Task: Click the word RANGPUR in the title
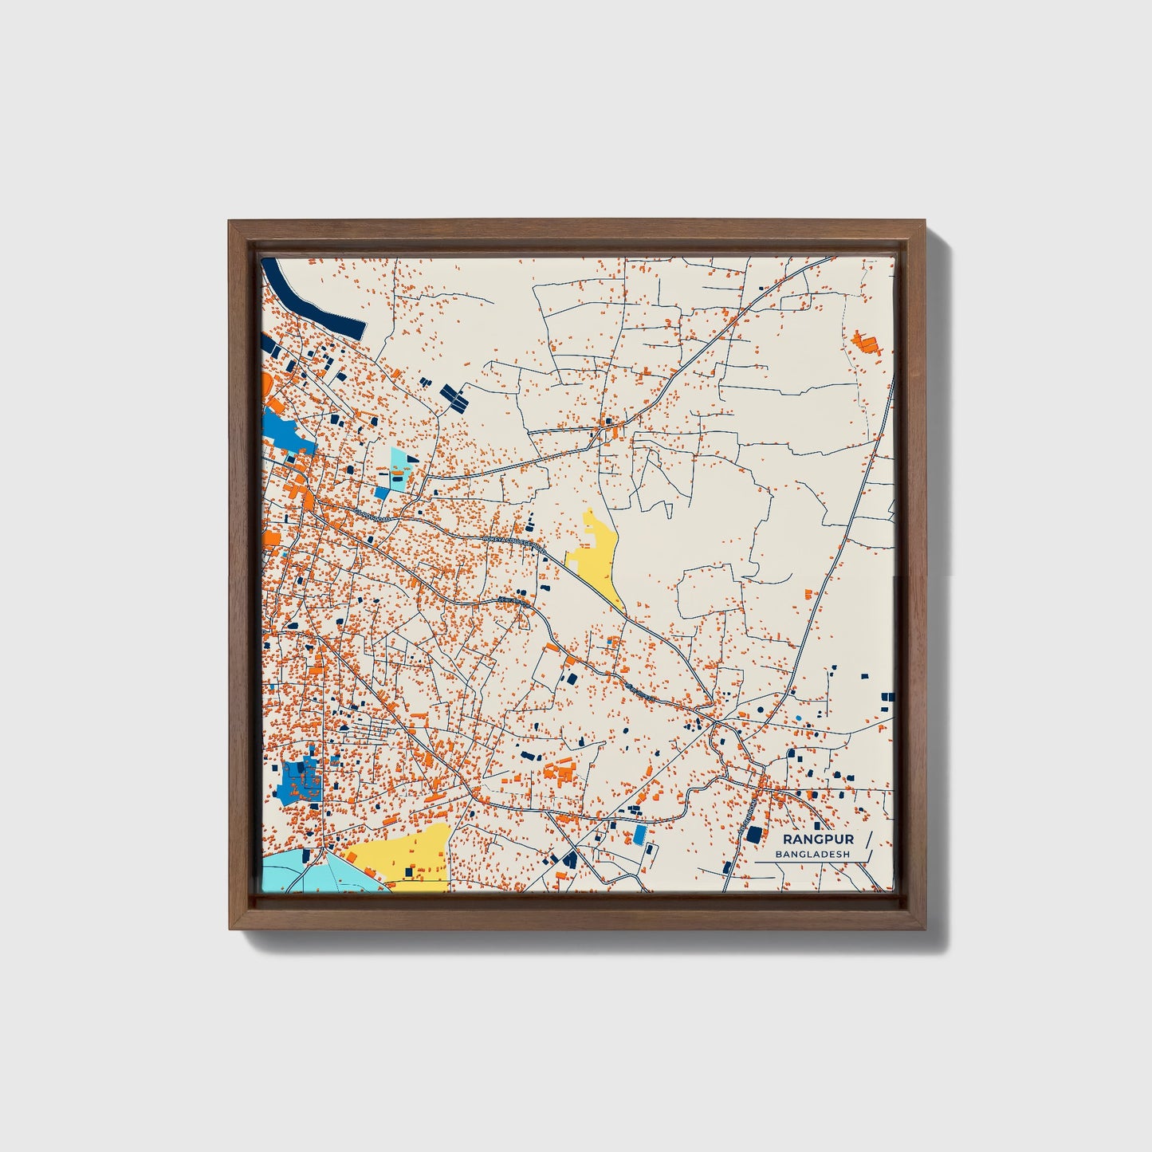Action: pyautogui.click(x=818, y=839)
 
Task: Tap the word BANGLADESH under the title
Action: pyautogui.click(x=812, y=854)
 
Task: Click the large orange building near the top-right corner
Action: pyautogui.click(x=865, y=344)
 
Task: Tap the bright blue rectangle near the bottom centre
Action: pyautogui.click(x=639, y=835)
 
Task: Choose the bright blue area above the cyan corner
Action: pyautogui.click(x=299, y=780)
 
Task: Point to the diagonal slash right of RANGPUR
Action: pyautogui.click(x=867, y=843)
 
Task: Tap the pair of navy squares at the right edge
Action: pyautogui.click(x=886, y=702)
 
